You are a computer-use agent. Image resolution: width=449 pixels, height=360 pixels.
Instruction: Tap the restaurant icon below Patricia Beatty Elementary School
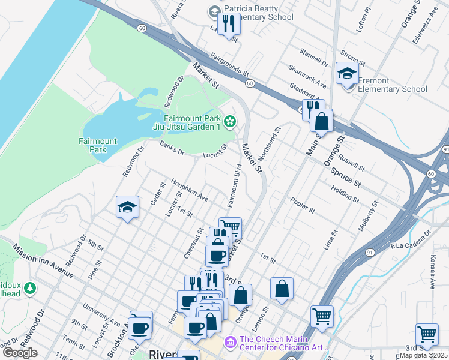click(229, 24)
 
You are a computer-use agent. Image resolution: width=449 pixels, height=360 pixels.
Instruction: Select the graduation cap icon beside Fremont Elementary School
click(347, 74)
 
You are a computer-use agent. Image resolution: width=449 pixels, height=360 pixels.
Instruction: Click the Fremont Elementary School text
click(392, 85)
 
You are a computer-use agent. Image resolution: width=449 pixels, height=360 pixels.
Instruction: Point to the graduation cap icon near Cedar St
click(128, 208)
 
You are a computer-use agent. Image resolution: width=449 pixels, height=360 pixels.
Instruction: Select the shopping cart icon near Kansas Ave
click(427, 334)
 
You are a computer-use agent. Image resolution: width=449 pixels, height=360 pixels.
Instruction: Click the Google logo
click(20, 353)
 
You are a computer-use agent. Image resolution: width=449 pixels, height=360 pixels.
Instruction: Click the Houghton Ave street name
click(189, 189)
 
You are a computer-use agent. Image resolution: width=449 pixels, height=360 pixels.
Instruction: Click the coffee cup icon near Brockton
click(140, 327)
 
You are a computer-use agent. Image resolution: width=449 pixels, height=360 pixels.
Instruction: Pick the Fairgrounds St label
click(229, 65)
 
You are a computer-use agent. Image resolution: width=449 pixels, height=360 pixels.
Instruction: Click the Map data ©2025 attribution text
click(423, 355)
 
